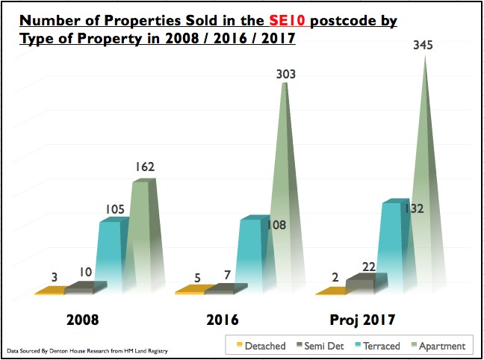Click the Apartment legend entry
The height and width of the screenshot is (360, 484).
[440, 346]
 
